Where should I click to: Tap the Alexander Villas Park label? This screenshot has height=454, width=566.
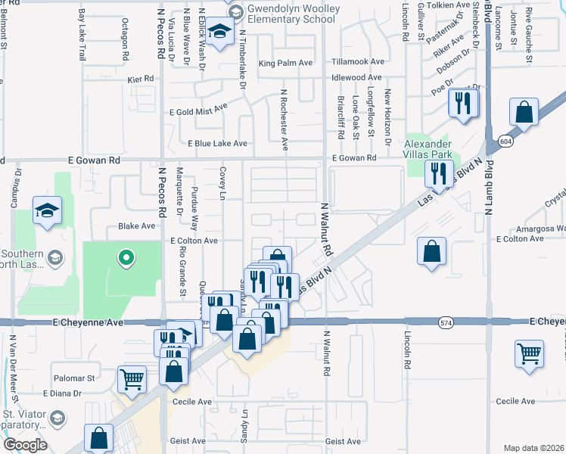[428, 150]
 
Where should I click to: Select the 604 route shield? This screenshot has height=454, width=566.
[504, 141]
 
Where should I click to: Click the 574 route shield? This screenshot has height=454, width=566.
[447, 322]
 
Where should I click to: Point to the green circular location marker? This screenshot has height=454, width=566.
[126, 259]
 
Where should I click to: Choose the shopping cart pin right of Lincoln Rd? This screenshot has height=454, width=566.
[529, 353]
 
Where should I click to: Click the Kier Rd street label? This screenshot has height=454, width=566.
[141, 78]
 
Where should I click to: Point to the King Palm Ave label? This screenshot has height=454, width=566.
[285, 64]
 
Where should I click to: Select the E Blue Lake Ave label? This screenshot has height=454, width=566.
[218, 143]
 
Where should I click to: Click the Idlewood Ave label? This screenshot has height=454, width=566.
[356, 78]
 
